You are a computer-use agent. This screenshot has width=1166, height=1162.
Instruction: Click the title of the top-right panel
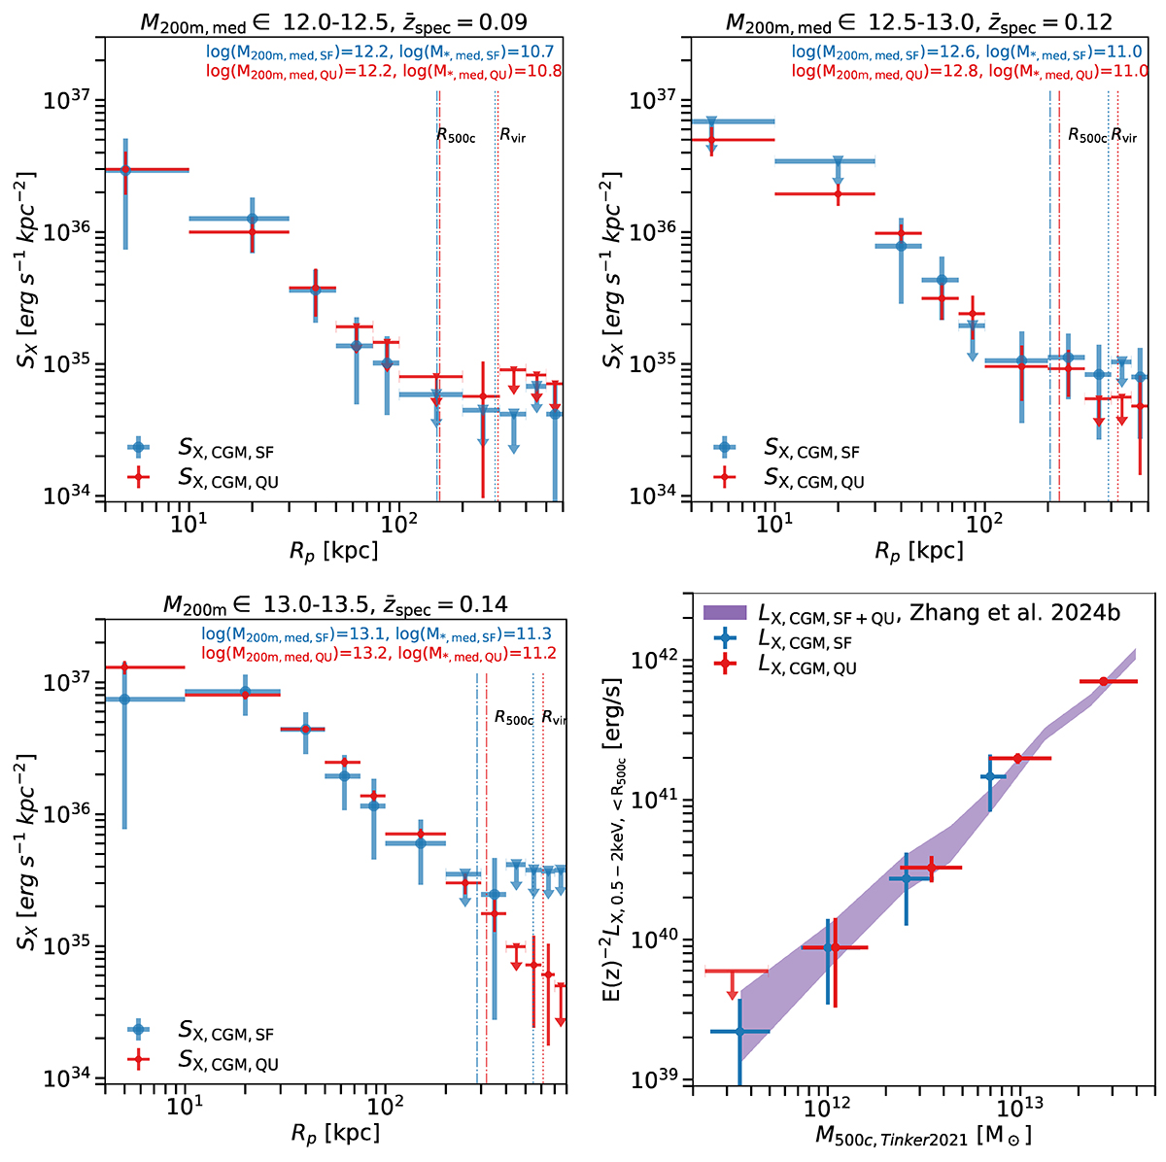click(x=918, y=20)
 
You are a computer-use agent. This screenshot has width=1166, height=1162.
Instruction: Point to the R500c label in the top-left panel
click(x=456, y=135)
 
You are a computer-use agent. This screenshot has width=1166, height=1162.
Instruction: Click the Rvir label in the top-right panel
click(x=1124, y=136)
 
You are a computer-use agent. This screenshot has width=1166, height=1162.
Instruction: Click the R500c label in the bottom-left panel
click(x=514, y=719)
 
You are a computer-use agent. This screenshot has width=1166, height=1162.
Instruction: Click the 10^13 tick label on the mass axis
click(x=1016, y=1110)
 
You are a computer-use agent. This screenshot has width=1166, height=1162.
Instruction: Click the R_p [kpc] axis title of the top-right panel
click(x=918, y=552)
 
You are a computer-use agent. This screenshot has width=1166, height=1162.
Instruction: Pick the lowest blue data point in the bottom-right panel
click(x=739, y=1031)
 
